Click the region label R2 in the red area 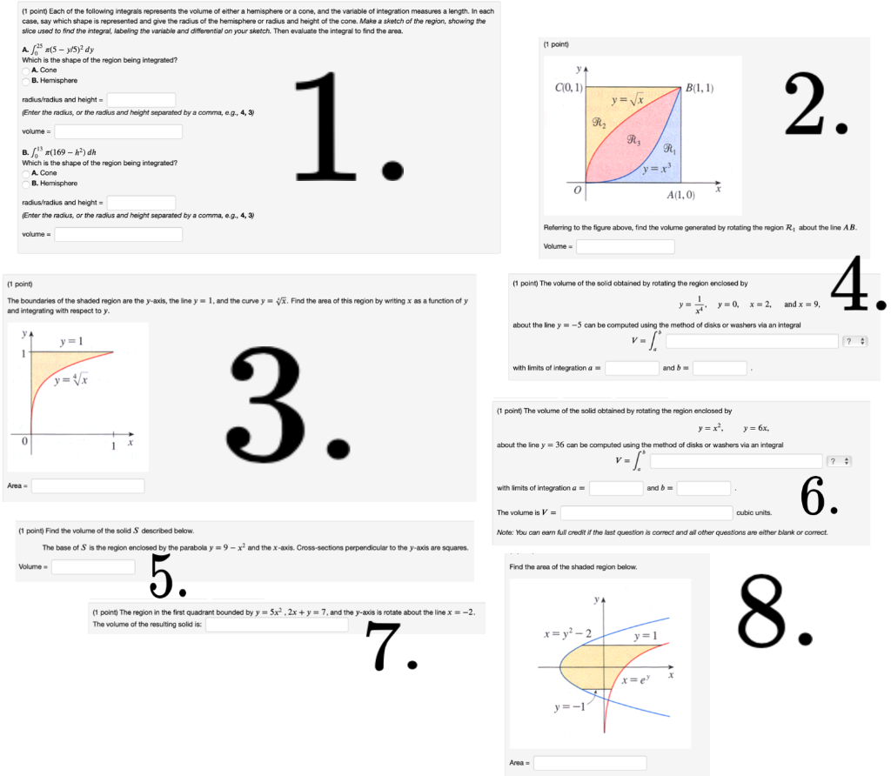600,123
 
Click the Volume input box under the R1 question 625,246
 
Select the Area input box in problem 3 88,485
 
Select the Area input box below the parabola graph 590,763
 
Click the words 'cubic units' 754,512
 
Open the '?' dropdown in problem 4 855,341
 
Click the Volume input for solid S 93,567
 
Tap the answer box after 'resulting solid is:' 277,625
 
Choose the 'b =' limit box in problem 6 703,488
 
